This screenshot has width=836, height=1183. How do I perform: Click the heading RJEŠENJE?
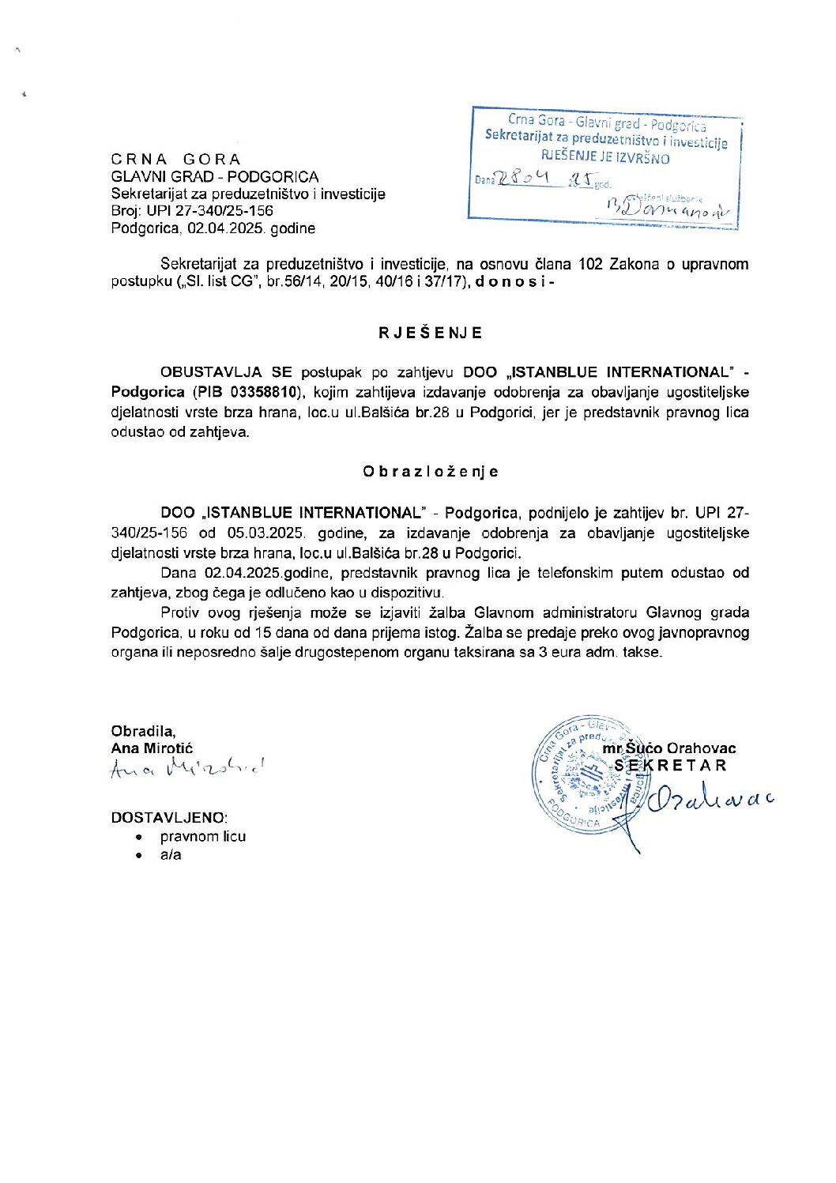[430, 333]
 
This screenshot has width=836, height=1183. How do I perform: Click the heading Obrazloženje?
[431, 472]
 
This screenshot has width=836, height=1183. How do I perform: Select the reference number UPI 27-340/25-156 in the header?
[209, 211]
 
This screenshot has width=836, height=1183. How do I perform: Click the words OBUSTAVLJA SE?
[226, 372]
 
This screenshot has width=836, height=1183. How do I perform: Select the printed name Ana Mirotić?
[152, 748]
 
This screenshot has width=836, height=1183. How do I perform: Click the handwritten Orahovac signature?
[707, 799]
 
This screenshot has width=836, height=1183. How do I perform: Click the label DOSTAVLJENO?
[169, 818]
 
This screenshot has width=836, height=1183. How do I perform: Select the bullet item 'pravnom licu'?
[203, 836]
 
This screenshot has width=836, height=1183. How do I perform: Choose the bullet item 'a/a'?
[171, 854]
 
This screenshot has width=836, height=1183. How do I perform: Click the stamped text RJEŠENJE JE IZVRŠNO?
[605, 158]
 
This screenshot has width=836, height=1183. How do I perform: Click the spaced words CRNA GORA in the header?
[176, 159]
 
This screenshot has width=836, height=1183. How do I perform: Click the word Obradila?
[144, 731]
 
